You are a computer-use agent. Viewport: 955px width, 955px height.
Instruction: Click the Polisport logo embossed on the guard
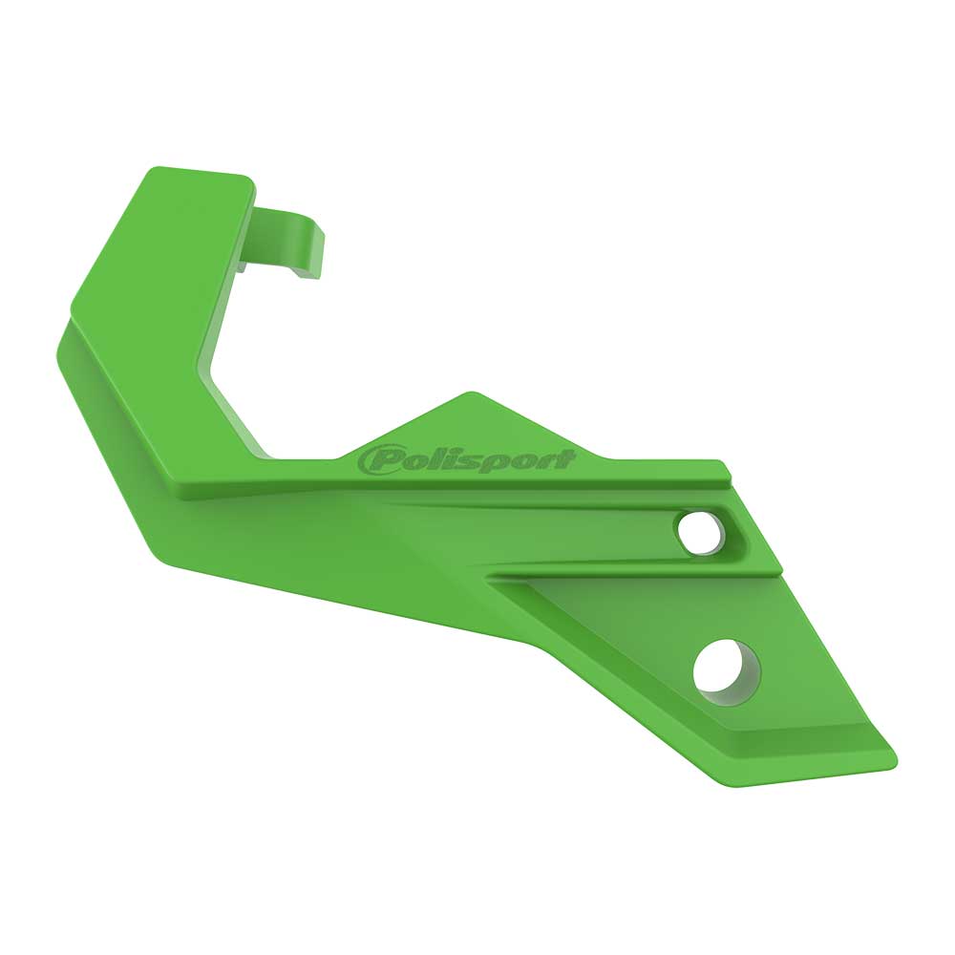[466, 461]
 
